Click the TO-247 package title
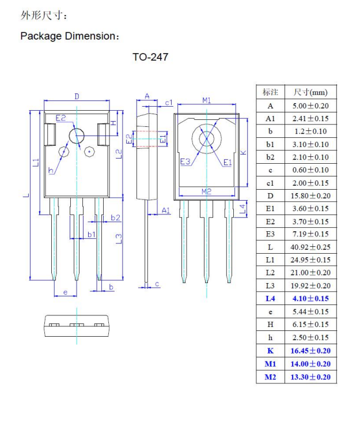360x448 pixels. (x=150, y=58)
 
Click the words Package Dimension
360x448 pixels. (x=68, y=36)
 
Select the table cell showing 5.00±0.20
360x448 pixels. (x=310, y=106)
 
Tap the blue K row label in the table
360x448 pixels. (x=270, y=351)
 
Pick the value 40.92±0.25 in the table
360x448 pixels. (x=310, y=247)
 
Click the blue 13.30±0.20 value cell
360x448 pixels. (x=310, y=377)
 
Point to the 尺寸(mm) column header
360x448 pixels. (x=310, y=92)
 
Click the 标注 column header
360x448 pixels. (x=270, y=92)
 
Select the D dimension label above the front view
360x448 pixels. (x=77, y=96)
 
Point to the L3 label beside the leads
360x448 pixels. (x=118, y=238)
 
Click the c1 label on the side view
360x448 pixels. (x=169, y=103)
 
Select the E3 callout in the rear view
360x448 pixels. (x=185, y=162)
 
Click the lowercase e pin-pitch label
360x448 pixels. (x=65, y=292)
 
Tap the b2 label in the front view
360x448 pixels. (x=115, y=217)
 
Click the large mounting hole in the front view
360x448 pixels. (x=76, y=137)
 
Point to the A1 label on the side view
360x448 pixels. (x=166, y=211)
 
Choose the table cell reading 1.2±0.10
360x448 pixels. (x=310, y=131)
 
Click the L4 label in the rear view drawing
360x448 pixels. (x=243, y=208)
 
